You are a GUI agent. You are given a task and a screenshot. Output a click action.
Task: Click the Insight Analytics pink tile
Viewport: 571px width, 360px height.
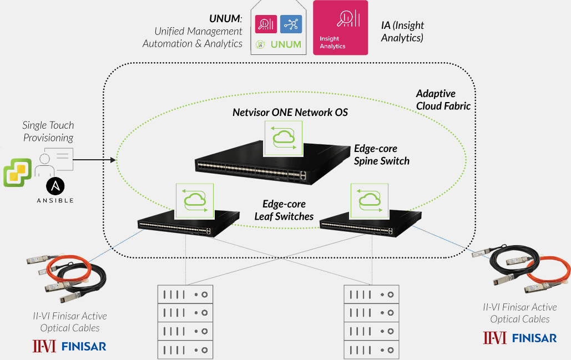tap(340, 28)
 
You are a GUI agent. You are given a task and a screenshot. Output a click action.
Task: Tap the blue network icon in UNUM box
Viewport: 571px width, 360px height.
tap(291, 24)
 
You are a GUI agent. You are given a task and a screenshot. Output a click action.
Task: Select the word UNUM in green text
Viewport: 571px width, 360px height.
tap(286, 44)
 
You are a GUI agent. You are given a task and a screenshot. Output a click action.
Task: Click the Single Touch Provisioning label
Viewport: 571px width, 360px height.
tap(48, 131)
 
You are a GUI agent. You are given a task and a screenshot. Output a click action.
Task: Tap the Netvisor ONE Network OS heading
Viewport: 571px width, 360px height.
tap(290, 113)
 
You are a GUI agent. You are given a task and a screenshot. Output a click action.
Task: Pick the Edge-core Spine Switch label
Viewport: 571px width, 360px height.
tap(381, 155)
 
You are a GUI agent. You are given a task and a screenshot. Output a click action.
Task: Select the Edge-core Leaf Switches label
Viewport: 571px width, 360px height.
tap(284, 210)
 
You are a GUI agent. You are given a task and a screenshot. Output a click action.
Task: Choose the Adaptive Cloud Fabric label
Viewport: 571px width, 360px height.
tap(443, 100)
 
